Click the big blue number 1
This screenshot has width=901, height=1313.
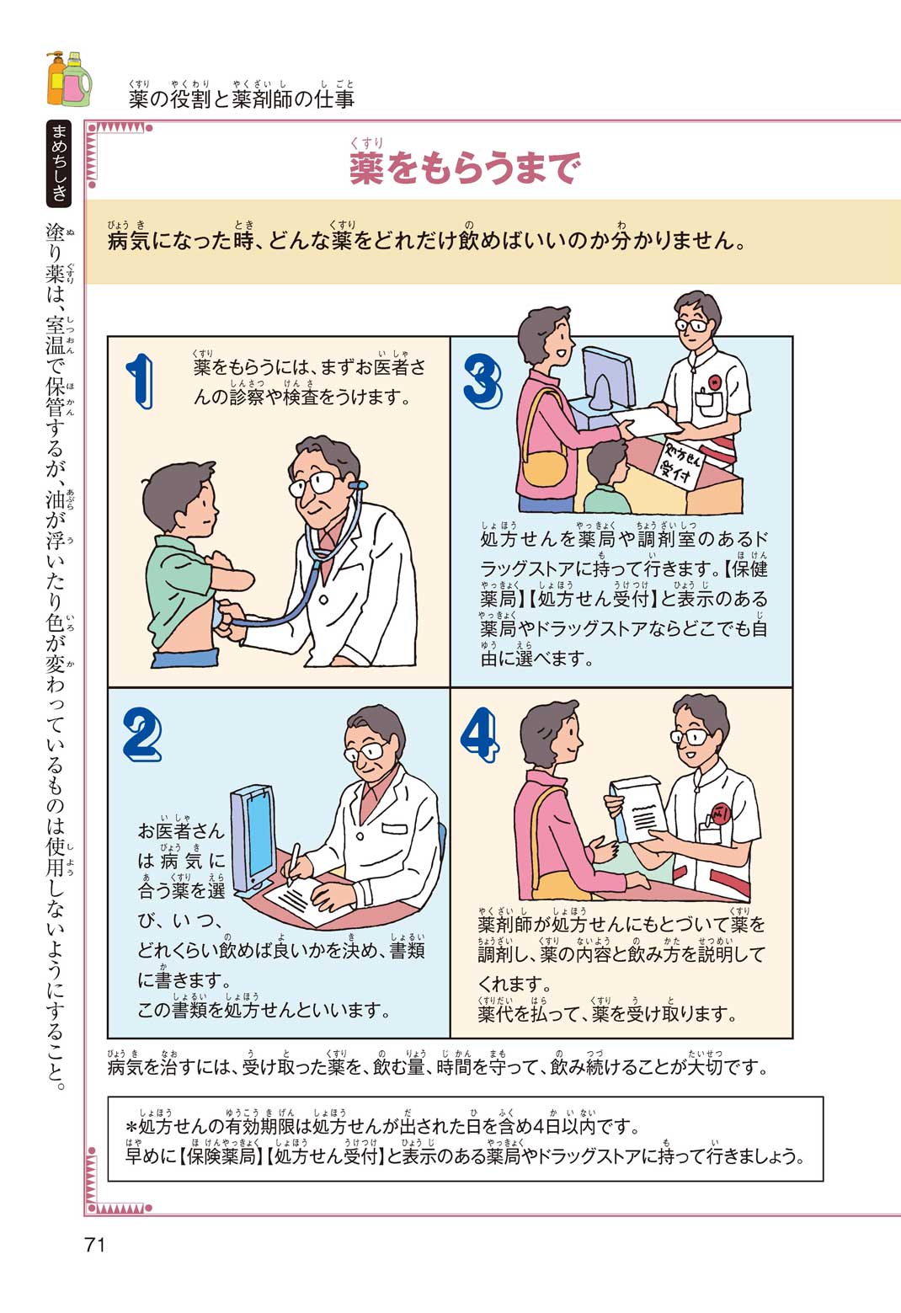(140, 381)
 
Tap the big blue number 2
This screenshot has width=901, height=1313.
(142, 735)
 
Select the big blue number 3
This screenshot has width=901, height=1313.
(482, 381)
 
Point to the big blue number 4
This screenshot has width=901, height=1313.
(479, 735)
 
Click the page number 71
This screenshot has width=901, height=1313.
(95, 1245)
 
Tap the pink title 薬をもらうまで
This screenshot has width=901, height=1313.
(465, 168)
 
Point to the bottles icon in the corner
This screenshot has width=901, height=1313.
(69, 78)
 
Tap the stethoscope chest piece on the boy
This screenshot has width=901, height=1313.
(218, 617)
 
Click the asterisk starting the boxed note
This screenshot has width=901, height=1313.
(131, 1127)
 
